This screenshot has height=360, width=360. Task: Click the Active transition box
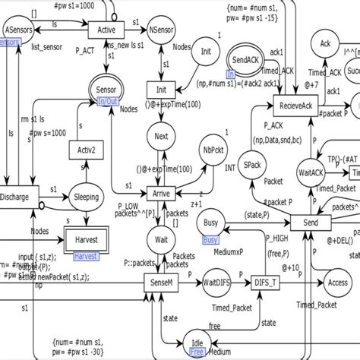106,30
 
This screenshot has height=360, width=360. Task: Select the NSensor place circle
161,30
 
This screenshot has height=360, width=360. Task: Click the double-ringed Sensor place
106,90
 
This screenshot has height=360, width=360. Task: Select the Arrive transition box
161,192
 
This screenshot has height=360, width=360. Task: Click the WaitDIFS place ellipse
216,283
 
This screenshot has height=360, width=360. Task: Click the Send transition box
312,224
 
